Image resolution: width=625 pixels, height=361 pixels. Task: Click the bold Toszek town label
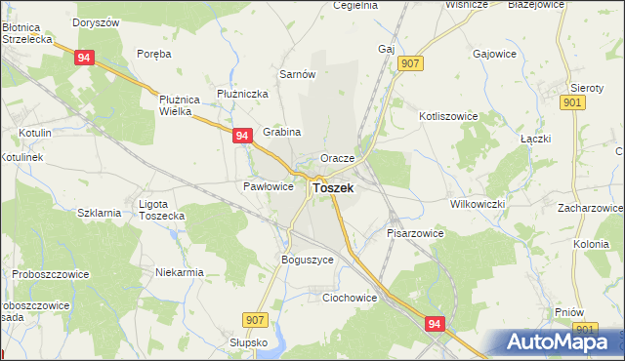pyautogui.click(x=333, y=187)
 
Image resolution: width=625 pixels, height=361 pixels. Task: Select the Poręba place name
pyautogui.click(x=154, y=54)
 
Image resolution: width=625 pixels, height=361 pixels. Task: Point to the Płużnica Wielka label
pyautogui.click(x=180, y=104)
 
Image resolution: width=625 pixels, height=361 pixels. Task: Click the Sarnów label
pyautogui.click(x=297, y=74)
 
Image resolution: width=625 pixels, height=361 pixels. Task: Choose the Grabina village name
pyautogui.click(x=282, y=132)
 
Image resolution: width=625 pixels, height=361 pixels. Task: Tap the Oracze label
pyautogui.click(x=337, y=157)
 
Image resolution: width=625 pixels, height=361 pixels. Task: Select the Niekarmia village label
pyautogui.click(x=180, y=272)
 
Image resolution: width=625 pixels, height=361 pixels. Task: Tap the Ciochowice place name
pyautogui.click(x=350, y=299)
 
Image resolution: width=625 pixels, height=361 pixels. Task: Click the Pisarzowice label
pyautogui.click(x=415, y=233)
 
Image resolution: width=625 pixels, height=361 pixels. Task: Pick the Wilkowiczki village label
pyautogui.click(x=477, y=204)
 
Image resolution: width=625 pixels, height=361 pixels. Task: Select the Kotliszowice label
pyautogui.click(x=448, y=115)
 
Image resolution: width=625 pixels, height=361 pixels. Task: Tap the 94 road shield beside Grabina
pyautogui.click(x=243, y=138)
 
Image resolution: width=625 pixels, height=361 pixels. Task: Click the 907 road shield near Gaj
pyautogui.click(x=410, y=63)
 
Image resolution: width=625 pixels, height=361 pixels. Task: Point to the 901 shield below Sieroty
pyautogui.click(x=574, y=102)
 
